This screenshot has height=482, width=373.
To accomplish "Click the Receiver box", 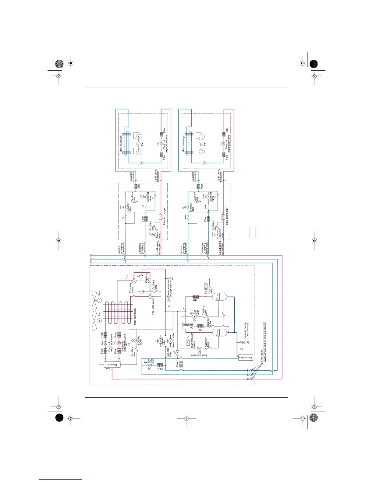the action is click(x=112, y=365).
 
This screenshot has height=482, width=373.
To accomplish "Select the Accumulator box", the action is click(x=246, y=358).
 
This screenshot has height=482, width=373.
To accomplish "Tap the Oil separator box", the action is click(x=188, y=326).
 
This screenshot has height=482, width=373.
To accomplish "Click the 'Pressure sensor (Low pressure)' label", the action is click(x=246, y=330).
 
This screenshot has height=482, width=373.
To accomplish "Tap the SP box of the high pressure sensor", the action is click(x=169, y=299).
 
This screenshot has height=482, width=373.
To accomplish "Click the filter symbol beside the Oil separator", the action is click(x=200, y=326).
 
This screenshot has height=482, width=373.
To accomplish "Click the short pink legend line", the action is click(x=250, y=232).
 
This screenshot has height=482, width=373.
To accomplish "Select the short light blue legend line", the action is click(x=256, y=232).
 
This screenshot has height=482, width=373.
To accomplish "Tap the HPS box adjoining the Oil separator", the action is click(x=188, y=342).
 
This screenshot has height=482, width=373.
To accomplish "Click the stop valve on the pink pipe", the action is click(x=250, y=379).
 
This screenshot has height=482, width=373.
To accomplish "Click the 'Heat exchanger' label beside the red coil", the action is click(x=135, y=316).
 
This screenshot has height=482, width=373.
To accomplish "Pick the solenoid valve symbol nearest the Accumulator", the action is click(x=200, y=348).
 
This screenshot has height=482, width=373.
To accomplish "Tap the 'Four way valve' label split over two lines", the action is click(x=131, y=288).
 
